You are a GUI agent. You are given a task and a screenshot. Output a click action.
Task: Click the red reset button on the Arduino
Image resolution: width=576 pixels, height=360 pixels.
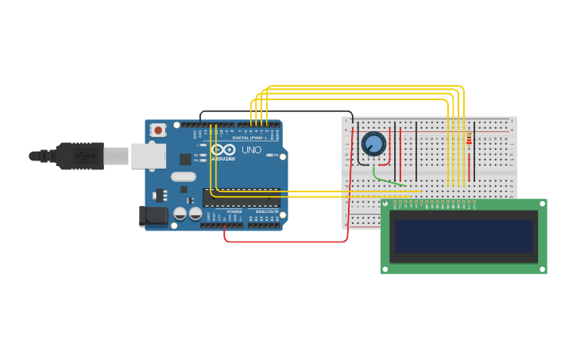coord(158,130)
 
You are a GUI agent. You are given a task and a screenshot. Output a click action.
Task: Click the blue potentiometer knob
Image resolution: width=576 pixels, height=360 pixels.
coord(373,144)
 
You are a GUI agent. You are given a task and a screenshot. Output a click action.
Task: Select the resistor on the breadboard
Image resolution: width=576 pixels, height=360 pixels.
coord(469,140)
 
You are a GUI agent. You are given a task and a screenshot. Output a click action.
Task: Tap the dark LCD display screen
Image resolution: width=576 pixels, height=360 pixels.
coord(464,236)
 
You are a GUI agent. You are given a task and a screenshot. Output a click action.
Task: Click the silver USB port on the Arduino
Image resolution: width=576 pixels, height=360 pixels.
coord(148,156)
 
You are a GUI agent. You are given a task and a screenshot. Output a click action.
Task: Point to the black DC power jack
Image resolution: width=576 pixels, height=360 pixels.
coord(153,215)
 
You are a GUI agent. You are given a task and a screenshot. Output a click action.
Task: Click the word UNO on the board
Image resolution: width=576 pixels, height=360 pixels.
coord(251,149)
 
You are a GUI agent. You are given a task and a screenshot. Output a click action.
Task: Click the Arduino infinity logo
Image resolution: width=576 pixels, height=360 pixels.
coord(224,149)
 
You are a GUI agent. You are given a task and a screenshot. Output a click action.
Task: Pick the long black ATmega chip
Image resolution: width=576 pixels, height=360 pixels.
coord(242,197)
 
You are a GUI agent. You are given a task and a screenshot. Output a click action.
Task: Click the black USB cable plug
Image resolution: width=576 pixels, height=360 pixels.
coord(79,156)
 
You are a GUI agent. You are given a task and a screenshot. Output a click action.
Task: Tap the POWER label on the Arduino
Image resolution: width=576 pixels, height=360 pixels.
coord(234,212)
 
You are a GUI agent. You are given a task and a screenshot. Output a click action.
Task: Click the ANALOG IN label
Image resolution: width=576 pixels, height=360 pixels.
coord(265,212)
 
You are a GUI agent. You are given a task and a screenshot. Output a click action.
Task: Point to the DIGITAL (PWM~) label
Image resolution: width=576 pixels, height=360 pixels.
coord(249,137)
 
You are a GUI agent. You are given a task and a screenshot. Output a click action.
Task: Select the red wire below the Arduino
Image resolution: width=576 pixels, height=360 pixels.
coord(286,242)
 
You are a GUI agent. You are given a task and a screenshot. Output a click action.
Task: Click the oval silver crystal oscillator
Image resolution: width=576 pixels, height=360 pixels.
coord(183,176)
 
